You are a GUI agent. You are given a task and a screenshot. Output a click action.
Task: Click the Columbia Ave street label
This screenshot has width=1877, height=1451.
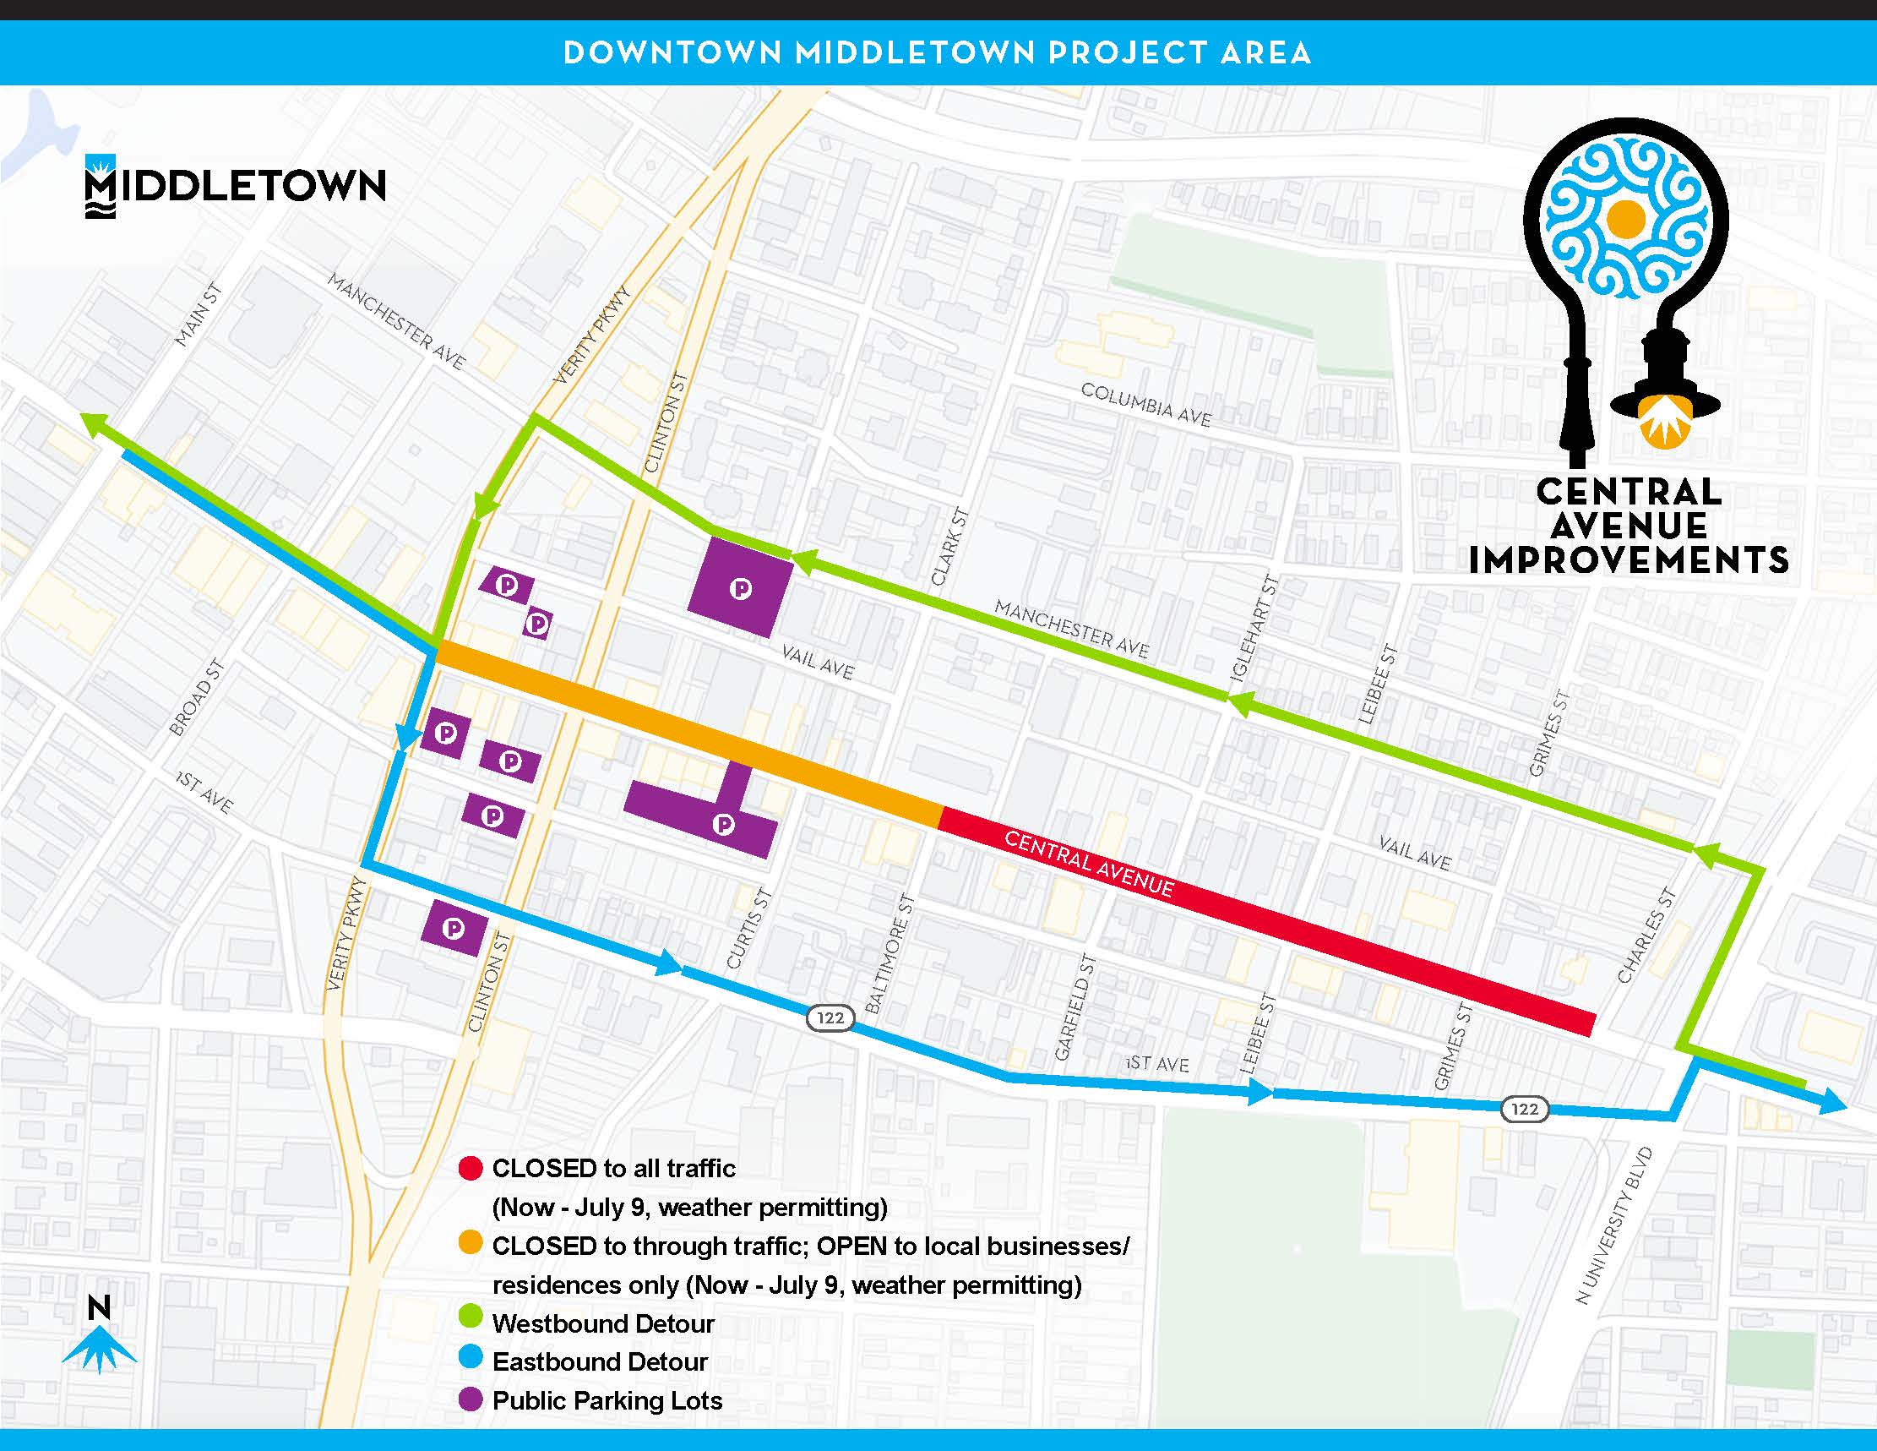[1145, 405]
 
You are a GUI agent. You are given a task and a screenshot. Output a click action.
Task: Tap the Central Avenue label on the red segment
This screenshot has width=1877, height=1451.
[1088, 864]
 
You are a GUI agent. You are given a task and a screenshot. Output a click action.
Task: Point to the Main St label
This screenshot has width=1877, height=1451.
[199, 315]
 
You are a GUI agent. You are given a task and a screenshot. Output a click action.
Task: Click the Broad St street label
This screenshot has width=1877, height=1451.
[197, 697]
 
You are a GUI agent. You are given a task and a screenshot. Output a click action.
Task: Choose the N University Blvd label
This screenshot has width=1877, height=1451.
[1614, 1225]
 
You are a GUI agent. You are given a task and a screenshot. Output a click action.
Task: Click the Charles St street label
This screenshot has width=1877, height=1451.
[1646, 936]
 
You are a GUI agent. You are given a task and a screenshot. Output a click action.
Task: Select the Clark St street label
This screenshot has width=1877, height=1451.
[949, 548]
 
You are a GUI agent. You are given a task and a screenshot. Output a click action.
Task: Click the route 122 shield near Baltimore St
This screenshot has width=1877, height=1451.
[830, 1018]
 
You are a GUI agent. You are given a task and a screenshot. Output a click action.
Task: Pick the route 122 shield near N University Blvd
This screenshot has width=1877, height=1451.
[1525, 1109]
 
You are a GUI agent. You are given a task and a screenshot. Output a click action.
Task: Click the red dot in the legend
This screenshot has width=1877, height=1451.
[471, 1168]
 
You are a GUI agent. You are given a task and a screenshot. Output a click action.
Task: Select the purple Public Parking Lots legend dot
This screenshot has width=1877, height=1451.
[471, 1400]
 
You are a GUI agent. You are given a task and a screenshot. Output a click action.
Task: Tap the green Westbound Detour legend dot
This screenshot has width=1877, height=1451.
[471, 1323]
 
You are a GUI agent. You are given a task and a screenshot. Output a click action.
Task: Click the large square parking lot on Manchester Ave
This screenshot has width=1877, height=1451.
[741, 588]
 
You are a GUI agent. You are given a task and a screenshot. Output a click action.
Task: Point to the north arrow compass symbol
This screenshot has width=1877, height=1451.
[100, 1343]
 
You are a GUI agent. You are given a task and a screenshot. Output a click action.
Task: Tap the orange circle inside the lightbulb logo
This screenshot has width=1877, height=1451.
[1625, 218]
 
